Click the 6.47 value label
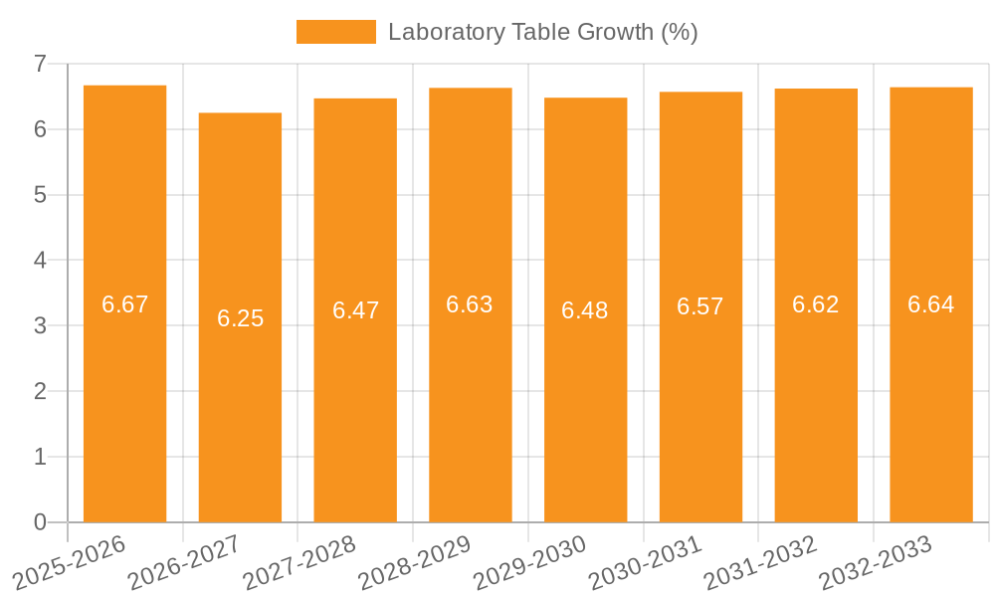point(355,310)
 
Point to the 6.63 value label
point(470,304)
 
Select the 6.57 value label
point(700,306)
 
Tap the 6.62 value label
point(816,304)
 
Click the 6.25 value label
point(240,318)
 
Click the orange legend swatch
point(335,32)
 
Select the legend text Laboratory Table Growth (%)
point(542,32)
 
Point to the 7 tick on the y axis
point(40,64)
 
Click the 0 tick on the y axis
point(40,522)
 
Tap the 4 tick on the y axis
point(40,261)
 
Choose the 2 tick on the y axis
point(40,391)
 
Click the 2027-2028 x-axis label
point(299,562)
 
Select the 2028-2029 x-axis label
point(415,562)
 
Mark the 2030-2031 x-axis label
point(646,562)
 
